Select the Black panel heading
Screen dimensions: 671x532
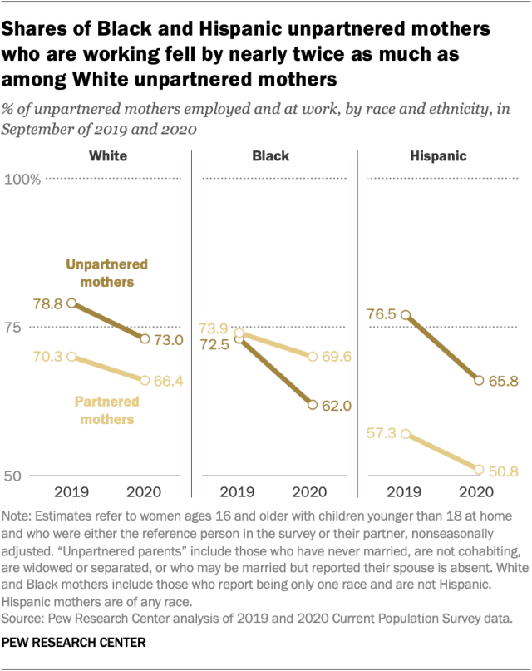(x=271, y=155)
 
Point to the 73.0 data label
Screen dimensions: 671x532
(x=168, y=338)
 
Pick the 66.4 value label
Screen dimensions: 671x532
(x=168, y=380)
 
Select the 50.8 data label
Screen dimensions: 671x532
(x=503, y=472)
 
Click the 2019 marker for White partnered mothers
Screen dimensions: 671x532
(x=72, y=357)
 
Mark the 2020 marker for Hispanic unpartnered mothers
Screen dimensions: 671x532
(x=479, y=380)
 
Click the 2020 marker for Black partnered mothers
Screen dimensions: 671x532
(x=313, y=357)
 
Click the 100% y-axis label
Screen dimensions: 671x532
(x=24, y=179)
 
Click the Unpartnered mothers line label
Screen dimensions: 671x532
(x=106, y=273)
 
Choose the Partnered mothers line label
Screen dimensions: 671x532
(x=106, y=411)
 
